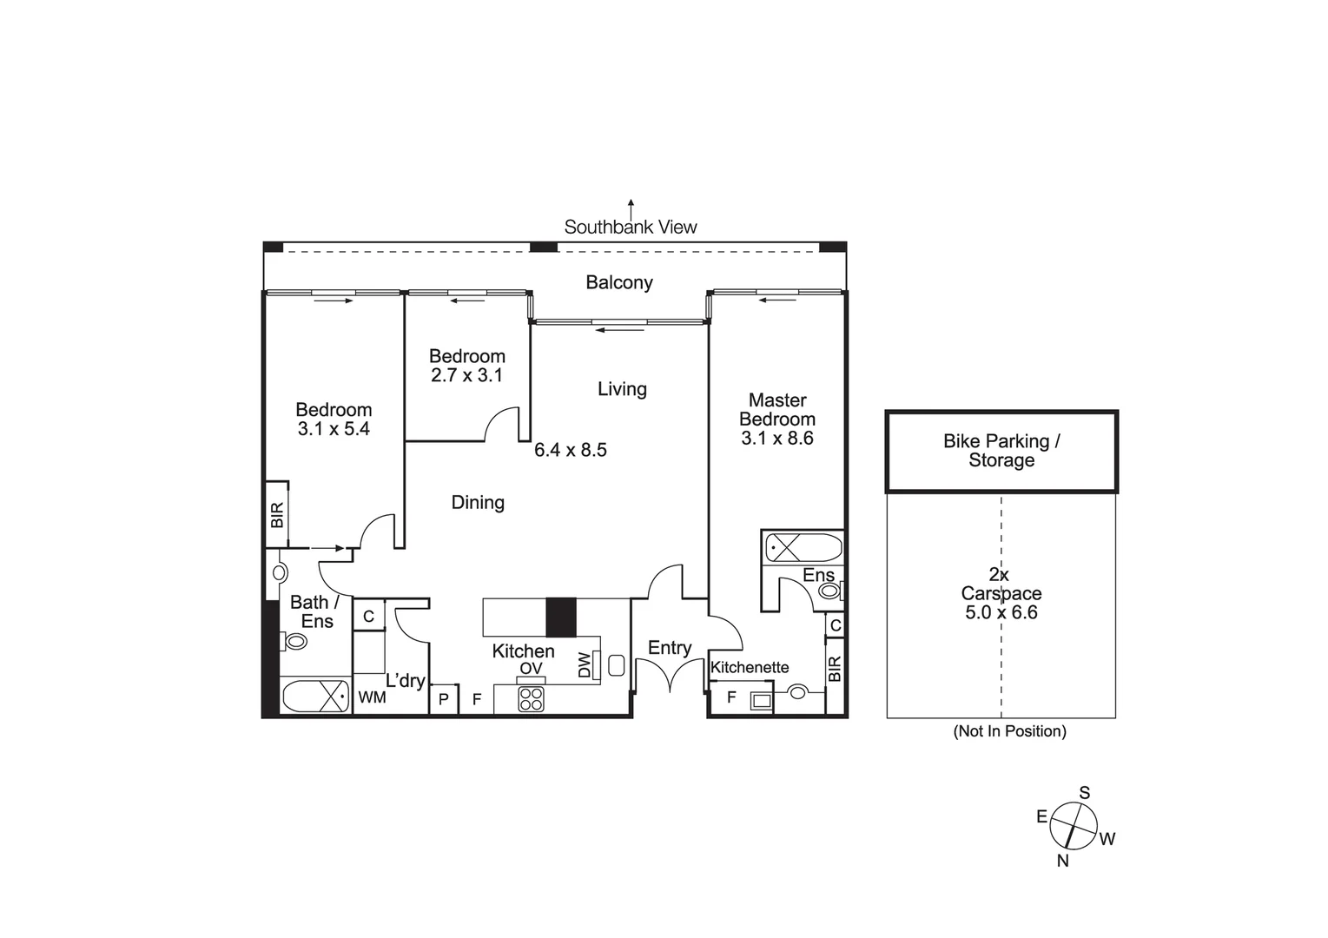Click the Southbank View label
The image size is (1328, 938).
click(x=631, y=227)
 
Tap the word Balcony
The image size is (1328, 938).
click(x=619, y=282)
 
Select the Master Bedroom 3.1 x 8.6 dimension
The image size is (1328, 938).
click(x=777, y=438)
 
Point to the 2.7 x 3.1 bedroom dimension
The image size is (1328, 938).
click(x=467, y=375)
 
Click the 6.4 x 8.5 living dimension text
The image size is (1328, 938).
click(x=571, y=450)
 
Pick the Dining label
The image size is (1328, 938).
click(x=478, y=502)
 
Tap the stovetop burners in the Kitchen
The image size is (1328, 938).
click(x=531, y=699)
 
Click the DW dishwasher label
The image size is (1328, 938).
click(x=585, y=665)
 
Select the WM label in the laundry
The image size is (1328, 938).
click(x=372, y=697)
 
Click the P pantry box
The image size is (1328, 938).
click(x=444, y=698)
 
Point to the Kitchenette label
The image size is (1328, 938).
click(x=750, y=667)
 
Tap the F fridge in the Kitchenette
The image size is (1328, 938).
click(x=731, y=697)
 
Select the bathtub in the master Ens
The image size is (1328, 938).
click(x=803, y=548)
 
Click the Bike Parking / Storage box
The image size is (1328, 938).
click(x=1001, y=451)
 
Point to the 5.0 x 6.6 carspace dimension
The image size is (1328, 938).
click(x=1001, y=612)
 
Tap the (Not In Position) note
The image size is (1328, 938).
click(x=1009, y=731)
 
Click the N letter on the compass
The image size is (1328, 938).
click(x=1062, y=861)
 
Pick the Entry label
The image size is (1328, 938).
click(x=670, y=648)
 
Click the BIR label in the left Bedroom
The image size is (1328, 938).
click(x=277, y=515)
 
